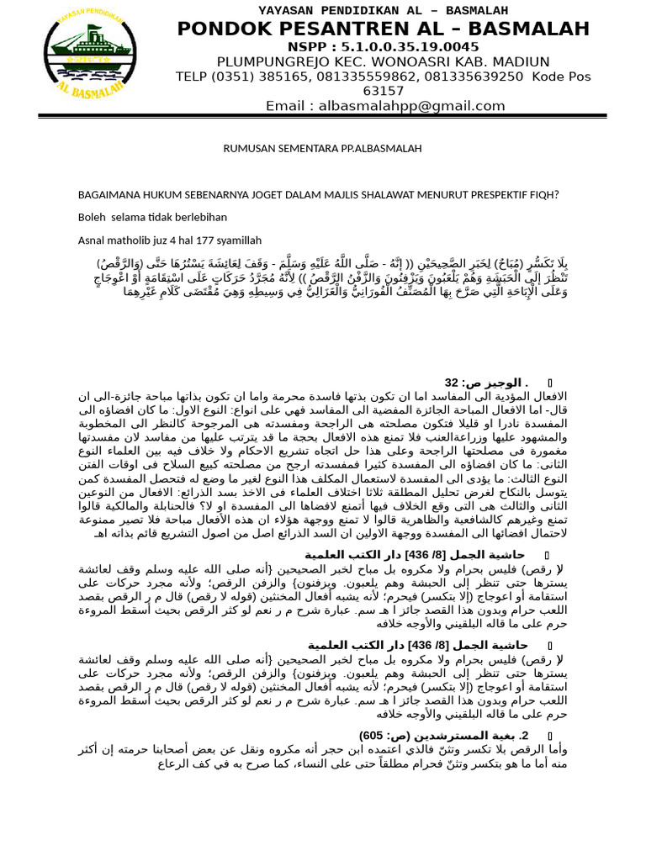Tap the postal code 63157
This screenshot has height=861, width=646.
click(x=383, y=91)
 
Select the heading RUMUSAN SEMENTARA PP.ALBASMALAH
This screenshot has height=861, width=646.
click(x=322, y=149)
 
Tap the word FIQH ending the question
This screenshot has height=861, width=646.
click(x=543, y=195)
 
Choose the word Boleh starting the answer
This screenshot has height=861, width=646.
click(x=93, y=217)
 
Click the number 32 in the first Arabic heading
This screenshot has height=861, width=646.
click(x=452, y=382)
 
